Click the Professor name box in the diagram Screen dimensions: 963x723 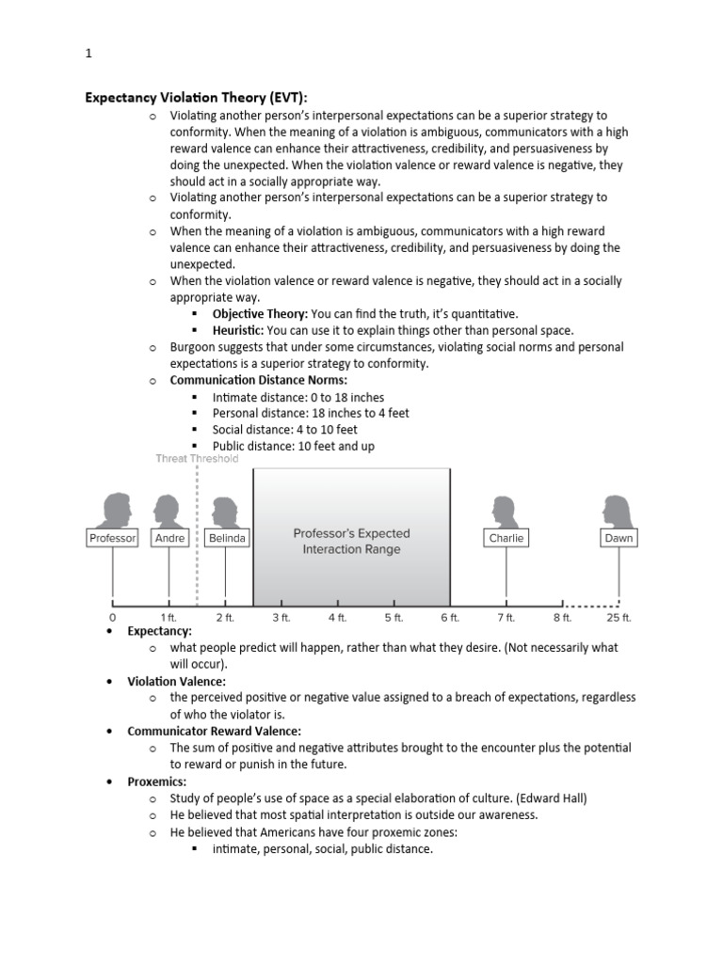point(113,538)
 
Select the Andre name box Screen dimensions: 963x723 point(169,538)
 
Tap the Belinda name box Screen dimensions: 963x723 point(227,538)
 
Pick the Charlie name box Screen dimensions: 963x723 point(506,538)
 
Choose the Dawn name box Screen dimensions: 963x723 point(619,538)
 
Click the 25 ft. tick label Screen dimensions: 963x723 point(619,618)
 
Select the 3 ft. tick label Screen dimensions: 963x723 point(281,618)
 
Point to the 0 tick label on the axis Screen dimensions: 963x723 point(112,618)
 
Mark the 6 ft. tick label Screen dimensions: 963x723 point(450,618)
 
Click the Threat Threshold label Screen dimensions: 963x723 point(197,459)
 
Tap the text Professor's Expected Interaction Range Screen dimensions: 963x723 point(351,541)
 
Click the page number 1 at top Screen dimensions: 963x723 point(88,55)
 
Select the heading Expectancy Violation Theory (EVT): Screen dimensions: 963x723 point(197,97)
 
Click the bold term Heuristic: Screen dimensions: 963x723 point(238,330)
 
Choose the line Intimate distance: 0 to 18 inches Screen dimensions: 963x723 point(298,397)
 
